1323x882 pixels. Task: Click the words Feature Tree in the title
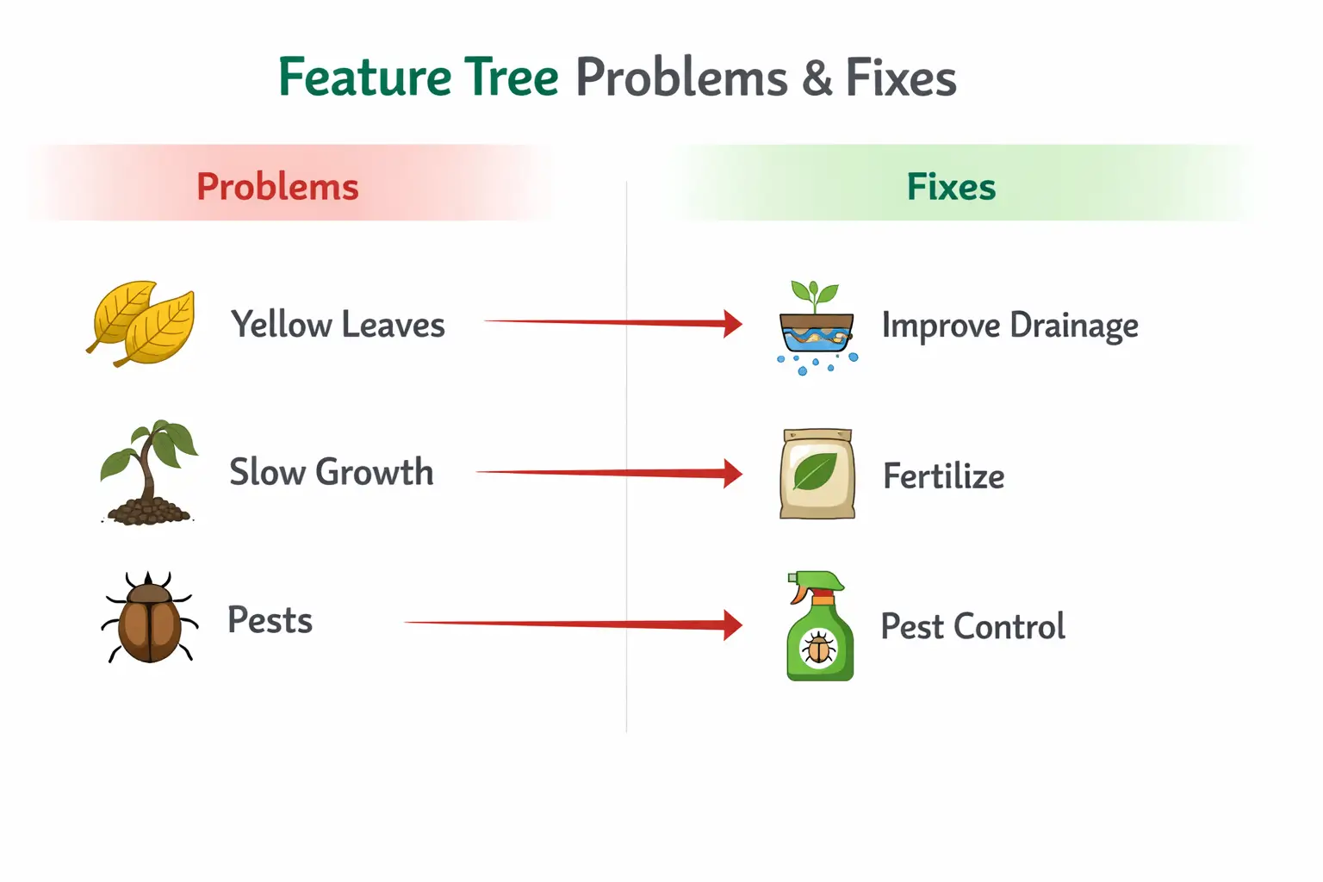[x=419, y=78]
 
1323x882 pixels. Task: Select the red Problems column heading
[x=277, y=187]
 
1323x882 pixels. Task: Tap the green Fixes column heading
[x=951, y=187]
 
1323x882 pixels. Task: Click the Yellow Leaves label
[x=338, y=325]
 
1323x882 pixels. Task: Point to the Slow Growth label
[x=331, y=472]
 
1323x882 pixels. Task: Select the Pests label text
[x=270, y=620]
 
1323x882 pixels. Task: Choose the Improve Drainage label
[x=1009, y=326]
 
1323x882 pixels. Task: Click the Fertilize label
[x=943, y=475]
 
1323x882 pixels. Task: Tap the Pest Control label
[x=972, y=626]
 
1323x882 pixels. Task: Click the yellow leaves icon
[x=142, y=323]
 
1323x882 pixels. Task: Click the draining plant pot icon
[x=816, y=327]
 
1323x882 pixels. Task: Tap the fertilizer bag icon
[x=817, y=474]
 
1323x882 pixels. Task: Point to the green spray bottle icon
[x=818, y=626]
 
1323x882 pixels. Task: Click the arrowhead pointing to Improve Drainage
[x=732, y=324]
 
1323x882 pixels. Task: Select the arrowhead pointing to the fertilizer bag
[x=732, y=473]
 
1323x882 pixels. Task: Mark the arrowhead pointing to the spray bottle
[x=732, y=624]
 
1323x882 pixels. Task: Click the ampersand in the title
[x=817, y=78]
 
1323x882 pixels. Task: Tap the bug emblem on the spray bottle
[x=818, y=649]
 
